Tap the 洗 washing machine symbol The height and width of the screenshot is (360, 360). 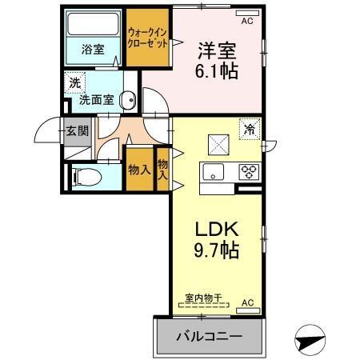coord(75,82)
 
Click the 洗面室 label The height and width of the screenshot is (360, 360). coord(95,102)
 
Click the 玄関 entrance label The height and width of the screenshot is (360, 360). coord(77,131)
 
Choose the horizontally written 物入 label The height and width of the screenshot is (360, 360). coord(139,170)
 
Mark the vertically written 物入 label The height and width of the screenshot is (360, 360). coord(162,168)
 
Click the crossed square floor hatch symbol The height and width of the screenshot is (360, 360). coord(218,145)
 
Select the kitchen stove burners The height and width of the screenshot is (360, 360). coord(248,171)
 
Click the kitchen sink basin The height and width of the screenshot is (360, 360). coord(214,171)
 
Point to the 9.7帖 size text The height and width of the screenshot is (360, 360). coord(217,248)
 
